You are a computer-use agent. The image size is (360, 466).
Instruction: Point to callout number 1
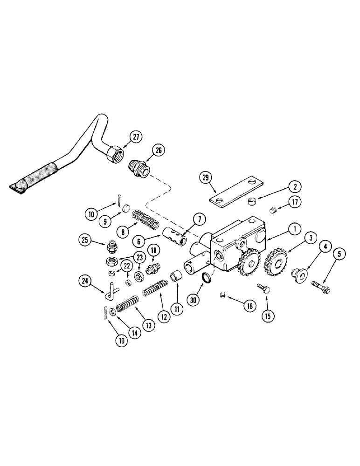294,229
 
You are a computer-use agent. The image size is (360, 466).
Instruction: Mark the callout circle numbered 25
85,240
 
